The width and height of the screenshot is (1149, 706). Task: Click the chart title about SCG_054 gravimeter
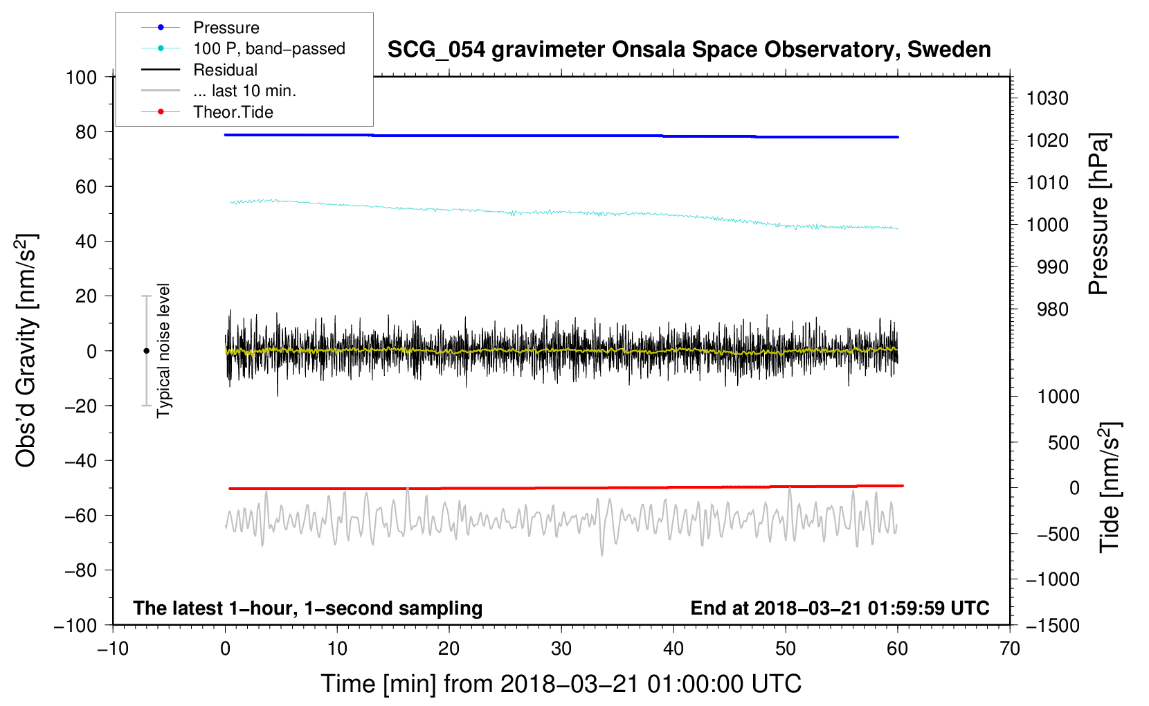(x=689, y=50)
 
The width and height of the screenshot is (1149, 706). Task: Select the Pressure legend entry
(x=226, y=28)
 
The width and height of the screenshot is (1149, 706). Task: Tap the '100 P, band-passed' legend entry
(x=269, y=48)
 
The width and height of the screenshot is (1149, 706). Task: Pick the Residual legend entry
(x=225, y=70)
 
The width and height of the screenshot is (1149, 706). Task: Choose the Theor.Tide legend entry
(x=233, y=112)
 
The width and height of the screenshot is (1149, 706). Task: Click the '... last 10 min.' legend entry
(x=244, y=91)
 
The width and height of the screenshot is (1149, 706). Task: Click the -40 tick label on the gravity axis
(x=80, y=460)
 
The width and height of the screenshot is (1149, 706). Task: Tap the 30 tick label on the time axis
(x=561, y=649)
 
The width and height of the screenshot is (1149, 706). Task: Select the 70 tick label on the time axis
(x=1010, y=649)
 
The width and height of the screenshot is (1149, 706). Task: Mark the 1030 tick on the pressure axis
(x=1047, y=98)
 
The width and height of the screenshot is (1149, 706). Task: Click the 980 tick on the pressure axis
(x=1052, y=309)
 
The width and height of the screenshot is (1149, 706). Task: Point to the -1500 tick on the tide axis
(x=1052, y=625)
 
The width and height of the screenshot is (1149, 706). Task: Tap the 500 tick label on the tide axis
(x=1063, y=442)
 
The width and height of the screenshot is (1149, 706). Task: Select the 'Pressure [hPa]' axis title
(x=1098, y=215)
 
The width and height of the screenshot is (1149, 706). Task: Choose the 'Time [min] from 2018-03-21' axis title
(x=561, y=684)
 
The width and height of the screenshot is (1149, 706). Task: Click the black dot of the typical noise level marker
(x=146, y=351)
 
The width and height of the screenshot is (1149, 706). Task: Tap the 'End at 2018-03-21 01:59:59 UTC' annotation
(x=840, y=608)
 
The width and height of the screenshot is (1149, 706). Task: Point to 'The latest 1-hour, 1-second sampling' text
(x=307, y=608)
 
